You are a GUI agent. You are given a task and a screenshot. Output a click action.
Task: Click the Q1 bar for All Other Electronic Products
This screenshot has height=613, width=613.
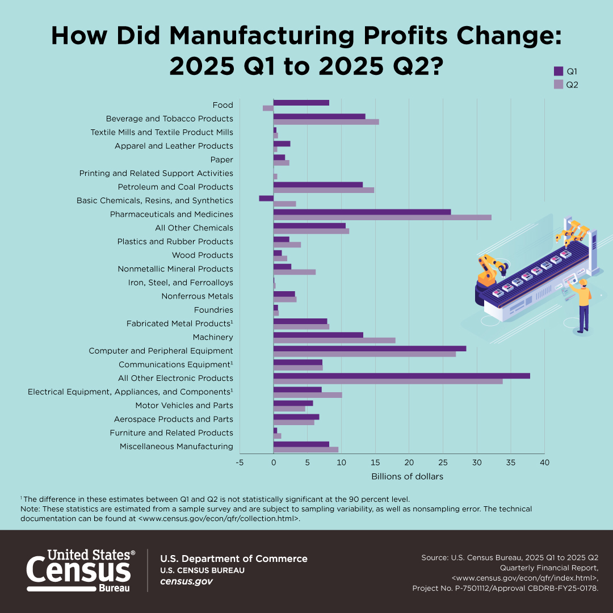point(401,376)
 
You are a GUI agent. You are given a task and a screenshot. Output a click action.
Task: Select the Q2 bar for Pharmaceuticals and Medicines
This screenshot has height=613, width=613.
point(382,217)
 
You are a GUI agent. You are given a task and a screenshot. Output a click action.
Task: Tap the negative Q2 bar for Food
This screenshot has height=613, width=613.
point(268,108)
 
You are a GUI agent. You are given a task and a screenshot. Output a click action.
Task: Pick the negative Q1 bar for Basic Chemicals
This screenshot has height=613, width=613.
point(266,198)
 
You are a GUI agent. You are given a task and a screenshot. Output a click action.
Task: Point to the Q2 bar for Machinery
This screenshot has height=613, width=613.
point(334,341)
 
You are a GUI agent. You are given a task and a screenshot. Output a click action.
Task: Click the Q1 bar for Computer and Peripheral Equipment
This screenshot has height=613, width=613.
point(370,349)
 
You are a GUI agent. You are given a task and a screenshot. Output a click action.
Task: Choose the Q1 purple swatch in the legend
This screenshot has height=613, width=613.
point(559,72)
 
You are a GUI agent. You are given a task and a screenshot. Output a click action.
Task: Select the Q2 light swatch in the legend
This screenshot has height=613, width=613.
point(559,85)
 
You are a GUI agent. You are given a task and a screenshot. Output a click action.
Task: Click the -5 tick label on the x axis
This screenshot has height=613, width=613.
point(240,463)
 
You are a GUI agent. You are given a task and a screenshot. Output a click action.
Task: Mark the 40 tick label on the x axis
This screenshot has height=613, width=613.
point(544,463)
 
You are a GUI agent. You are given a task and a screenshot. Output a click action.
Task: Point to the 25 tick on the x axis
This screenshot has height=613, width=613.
point(443,463)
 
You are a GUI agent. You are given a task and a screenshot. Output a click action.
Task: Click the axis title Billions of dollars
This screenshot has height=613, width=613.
point(407,476)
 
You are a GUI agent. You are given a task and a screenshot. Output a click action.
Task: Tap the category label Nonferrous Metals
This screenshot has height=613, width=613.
point(197,296)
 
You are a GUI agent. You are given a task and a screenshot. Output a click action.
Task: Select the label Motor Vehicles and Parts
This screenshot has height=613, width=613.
point(184,405)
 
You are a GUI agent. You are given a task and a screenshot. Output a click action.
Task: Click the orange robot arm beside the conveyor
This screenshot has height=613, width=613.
point(489,270)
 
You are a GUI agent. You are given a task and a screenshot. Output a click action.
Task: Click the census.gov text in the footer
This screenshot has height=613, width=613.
point(186,582)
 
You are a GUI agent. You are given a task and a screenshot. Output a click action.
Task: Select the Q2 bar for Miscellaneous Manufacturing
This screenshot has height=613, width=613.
point(306,450)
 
